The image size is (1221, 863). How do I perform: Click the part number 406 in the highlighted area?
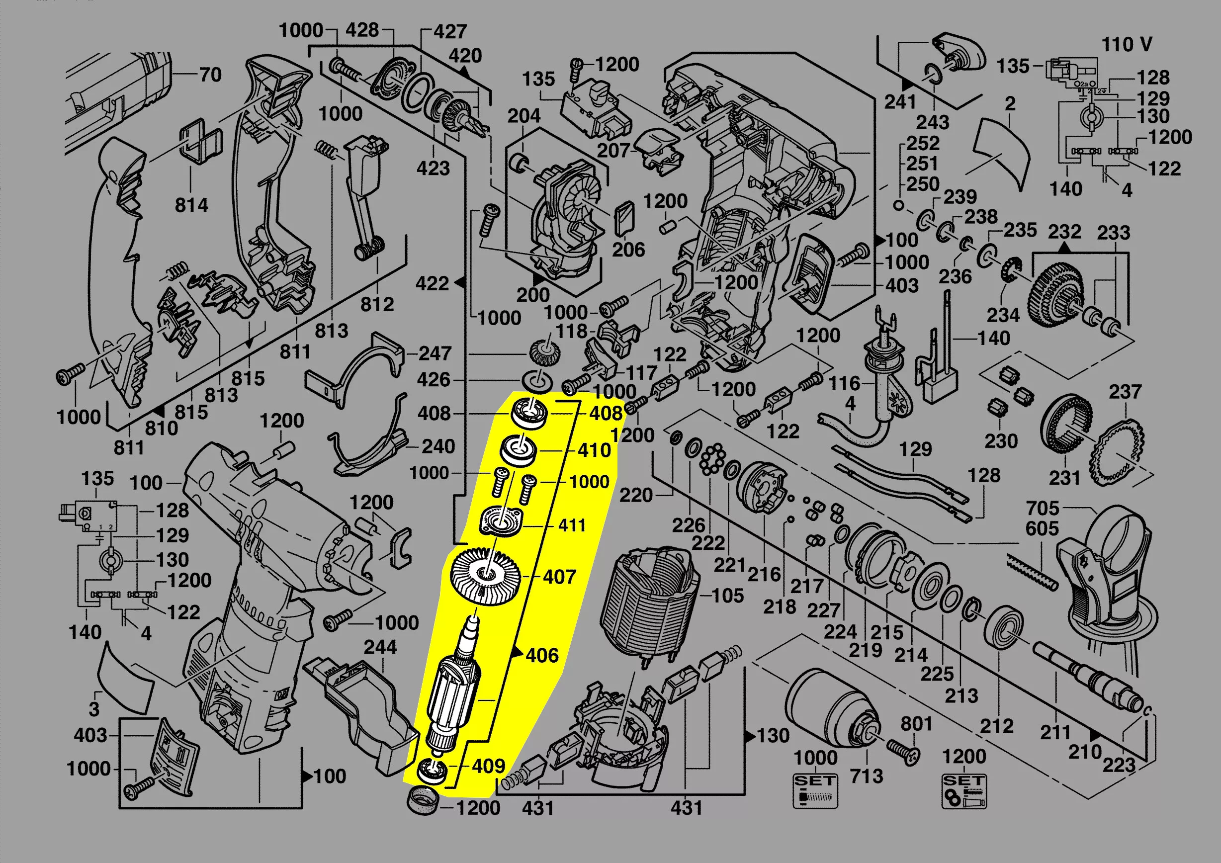coord(542,655)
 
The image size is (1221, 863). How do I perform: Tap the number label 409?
coord(488,766)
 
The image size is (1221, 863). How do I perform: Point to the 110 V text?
coord(1127,45)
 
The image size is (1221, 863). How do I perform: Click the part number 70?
coord(210,75)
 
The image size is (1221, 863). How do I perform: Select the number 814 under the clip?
coord(191,205)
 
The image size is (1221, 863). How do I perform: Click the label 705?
coord(1043,509)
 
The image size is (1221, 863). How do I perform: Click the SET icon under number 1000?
coord(815,791)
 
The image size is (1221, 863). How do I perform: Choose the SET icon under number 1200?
coord(963,791)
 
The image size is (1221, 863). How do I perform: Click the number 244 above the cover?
coord(380,647)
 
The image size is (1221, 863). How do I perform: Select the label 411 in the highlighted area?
coord(572,525)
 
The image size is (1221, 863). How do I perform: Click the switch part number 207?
coord(612,151)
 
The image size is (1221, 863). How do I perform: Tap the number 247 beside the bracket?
coord(435,353)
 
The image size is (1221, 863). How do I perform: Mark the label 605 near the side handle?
coord(1042,528)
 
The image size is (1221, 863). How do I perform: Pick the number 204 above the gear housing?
coord(523,116)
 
